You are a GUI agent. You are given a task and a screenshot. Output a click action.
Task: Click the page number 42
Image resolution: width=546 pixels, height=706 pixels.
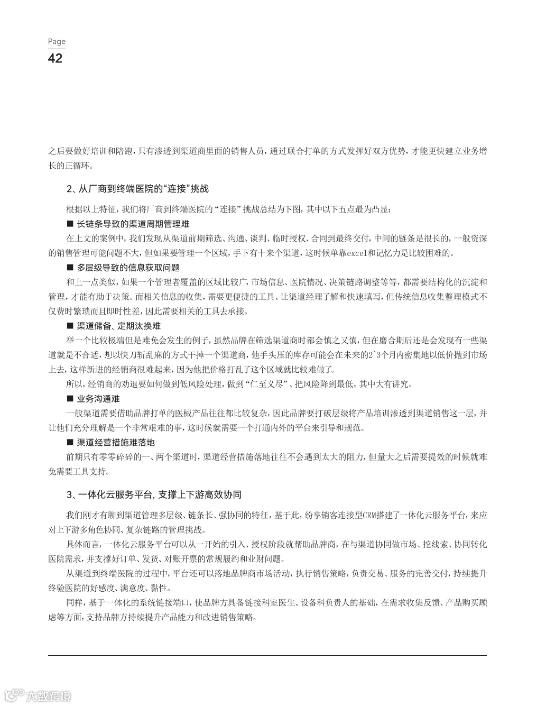(x=55, y=58)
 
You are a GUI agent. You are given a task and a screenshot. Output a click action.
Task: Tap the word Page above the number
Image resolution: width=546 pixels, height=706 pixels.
(x=57, y=41)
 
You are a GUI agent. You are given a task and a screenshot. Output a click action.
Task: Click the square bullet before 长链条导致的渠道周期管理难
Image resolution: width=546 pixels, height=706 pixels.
(x=69, y=224)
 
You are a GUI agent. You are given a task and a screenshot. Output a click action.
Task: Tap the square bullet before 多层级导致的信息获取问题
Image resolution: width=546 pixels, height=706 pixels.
(x=69, y=268)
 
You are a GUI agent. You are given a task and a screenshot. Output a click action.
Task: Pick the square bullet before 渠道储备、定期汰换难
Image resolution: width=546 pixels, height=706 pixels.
(x=69, y=326)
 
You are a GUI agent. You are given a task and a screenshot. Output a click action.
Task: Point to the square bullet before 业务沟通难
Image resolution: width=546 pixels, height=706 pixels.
(x=69, y=399)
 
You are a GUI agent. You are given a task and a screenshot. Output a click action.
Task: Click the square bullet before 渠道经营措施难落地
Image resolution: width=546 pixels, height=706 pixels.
(x=69, y=442)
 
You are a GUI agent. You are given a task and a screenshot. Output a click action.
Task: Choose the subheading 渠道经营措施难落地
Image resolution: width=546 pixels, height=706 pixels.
(x=116, y=442)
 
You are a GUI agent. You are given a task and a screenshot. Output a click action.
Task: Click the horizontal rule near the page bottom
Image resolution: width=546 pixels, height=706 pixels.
(x=267, y=656)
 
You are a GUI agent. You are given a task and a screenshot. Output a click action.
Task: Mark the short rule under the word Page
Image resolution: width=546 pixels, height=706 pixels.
(x=57, y=49)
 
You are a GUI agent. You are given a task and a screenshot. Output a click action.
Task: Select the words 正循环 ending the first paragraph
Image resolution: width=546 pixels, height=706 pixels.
(x=75, y=166)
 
